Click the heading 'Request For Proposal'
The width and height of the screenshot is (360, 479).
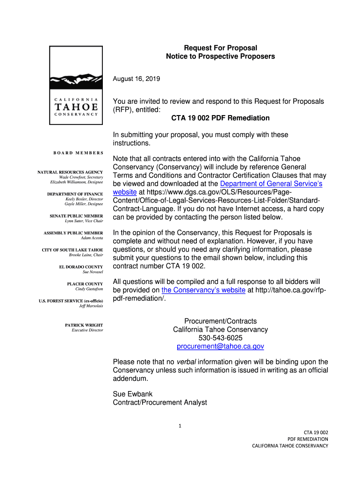click(220, 48)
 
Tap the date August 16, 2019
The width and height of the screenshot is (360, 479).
click(137, 79)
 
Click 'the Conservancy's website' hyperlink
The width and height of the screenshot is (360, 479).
click(203, 290)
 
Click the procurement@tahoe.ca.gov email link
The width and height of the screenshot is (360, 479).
click(220, 346)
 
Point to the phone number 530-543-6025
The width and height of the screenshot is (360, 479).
click(220, 338)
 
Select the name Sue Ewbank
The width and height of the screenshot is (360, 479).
click(133, 394)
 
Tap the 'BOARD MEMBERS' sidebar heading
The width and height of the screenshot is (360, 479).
click(78, 153)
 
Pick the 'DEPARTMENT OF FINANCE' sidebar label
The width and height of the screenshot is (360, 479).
click(75, 194)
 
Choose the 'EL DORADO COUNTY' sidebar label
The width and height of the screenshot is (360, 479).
click(81, 267)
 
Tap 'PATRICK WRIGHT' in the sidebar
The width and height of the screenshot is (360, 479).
click(84, 325)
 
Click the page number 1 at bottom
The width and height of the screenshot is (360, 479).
click(180, 426)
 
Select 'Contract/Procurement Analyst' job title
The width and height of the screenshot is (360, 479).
click(160, 402)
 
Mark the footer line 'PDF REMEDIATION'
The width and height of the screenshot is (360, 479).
click(307, 439)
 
